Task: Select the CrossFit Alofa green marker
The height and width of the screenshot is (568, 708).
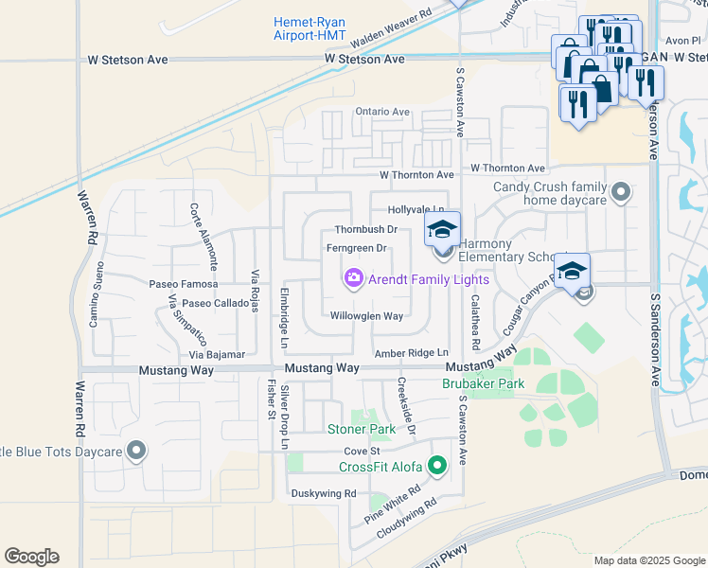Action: click(x=436, y=466)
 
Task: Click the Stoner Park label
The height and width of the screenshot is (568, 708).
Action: click(x=362, y=430)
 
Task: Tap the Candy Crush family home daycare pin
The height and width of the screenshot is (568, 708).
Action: click(x=621, y=193)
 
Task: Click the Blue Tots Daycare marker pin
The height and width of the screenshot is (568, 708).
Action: click(x=136, y=452)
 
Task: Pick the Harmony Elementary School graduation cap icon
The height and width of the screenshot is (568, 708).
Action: click(x=441, y=228)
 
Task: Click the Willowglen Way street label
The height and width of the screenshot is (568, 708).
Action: click(x=367, y=316)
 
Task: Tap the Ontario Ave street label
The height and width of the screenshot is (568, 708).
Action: click(x=382, y=112)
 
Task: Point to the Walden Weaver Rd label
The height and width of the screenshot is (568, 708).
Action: click(x=390, y=30)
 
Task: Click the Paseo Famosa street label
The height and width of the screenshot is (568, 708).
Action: click(x=184, y=284)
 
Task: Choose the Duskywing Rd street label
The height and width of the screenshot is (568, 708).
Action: click(x=324, y=493)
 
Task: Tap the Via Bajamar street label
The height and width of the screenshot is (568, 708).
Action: click(x=217, y=354)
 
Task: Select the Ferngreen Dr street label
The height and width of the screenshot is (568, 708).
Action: click(x=357, y=249)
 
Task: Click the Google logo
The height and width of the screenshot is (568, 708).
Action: click(x=31, y=557)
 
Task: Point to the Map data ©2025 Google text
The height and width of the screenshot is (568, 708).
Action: click(x=648, y=560)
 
